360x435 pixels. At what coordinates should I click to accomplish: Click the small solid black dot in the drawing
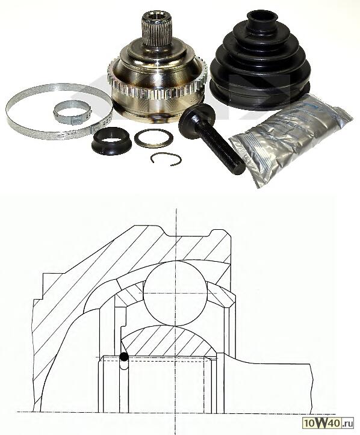click(x=124, y=357)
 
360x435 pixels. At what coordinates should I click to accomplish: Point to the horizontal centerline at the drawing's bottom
click(x=181, y=412)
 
